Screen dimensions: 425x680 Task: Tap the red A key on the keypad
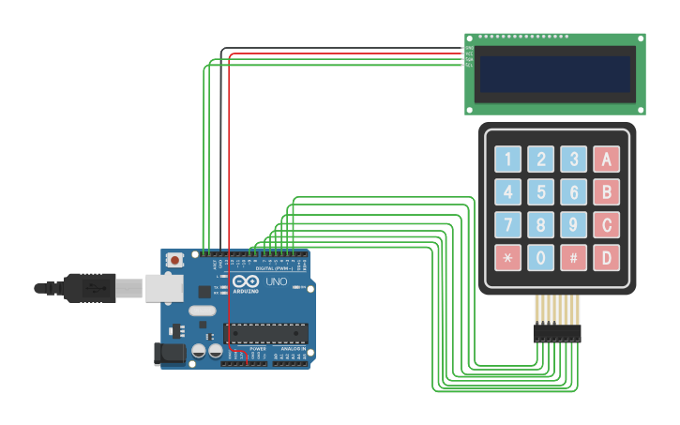606,159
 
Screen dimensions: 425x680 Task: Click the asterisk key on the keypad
507,258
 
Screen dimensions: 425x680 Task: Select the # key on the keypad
573,258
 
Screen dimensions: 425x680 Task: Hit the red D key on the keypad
606,258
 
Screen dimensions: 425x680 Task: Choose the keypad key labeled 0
540,258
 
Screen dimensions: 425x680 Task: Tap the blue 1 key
507,159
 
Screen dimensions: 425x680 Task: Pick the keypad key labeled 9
573,225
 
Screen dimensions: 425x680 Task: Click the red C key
606,225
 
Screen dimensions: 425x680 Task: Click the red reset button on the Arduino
174,260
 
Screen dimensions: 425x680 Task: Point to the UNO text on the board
277,281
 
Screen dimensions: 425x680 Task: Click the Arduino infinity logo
246,281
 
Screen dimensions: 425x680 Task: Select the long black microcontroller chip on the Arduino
265,332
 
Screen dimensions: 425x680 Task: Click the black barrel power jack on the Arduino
169,354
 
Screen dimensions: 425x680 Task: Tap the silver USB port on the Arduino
164,288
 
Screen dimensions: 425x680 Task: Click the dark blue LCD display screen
555,74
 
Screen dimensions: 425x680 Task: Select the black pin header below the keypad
557,333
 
